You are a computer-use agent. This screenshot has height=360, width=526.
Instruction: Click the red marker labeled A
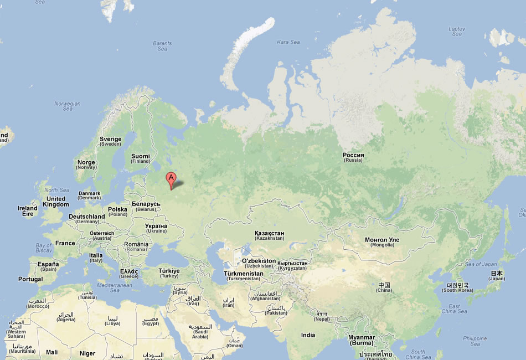pyautogui.click(x=171, y=179)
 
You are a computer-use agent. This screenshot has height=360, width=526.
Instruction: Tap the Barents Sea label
pyautogui.click(x=162, y=46)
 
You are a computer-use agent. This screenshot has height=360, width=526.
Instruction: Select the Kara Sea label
pyautogui.click(x=288, y=42)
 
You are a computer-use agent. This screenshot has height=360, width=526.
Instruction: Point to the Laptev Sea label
pyautogui.click(x=457, y=31)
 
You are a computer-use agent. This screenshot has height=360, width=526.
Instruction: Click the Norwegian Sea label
pyautogui.click(x=67, y=106)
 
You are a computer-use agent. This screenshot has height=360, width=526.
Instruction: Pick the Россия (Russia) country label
pyautogui.click(x=353, y=157)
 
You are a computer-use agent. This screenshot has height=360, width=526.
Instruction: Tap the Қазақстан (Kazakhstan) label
pyautogui.click(x=269, y=235)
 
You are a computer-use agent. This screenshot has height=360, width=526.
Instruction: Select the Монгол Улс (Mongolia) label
pyautogui.click(x=381, y=243)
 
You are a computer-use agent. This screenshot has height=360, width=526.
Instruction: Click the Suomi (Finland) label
pyautogui.click(x=140, y=158)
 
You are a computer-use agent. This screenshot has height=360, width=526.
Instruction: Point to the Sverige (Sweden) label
pyautogui.click(x=110, y=141)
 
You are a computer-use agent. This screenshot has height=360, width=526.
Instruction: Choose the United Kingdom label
pyautogui.click(x=56, y=202)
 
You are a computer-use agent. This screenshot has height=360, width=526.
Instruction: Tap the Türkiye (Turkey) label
pyautogui.click(x=169, y=273)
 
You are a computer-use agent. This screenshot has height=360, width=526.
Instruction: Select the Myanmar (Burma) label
pyautogui.click(x=361, y=340)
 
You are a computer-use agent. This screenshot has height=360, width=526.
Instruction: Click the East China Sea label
pyautogui.click(x=454, y=308)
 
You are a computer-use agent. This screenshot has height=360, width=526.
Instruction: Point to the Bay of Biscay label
pyautogui.click(x=44, y=248)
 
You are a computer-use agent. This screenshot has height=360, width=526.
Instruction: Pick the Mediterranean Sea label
pyautogui.click(x=115, y=287)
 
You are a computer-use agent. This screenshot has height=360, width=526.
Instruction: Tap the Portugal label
pyautogui.click(x=30, y=279)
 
